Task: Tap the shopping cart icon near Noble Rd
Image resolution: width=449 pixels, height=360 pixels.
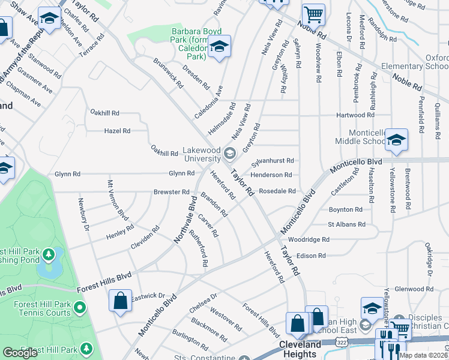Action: pos(313,13)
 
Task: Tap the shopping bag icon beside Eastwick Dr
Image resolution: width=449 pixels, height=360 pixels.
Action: pos(120,300)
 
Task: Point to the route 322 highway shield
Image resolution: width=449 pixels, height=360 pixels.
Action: pos(342,342)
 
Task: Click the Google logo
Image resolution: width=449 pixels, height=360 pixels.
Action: pos(20,353)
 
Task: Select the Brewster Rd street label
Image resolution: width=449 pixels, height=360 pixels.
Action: pos(172,192)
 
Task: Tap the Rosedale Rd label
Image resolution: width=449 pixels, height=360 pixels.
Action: pos(277,191)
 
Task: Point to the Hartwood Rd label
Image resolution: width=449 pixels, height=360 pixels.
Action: pos(355,115)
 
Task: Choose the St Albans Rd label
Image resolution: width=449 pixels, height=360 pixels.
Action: pos(346,224)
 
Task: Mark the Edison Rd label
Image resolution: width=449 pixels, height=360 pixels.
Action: pos(311,256)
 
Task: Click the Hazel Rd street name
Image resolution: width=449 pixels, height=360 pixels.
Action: pos(117,130)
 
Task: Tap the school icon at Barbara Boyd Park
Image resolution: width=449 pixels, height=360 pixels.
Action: pos(219,46)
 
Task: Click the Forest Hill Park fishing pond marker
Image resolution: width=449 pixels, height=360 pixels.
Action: pos(48,256)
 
